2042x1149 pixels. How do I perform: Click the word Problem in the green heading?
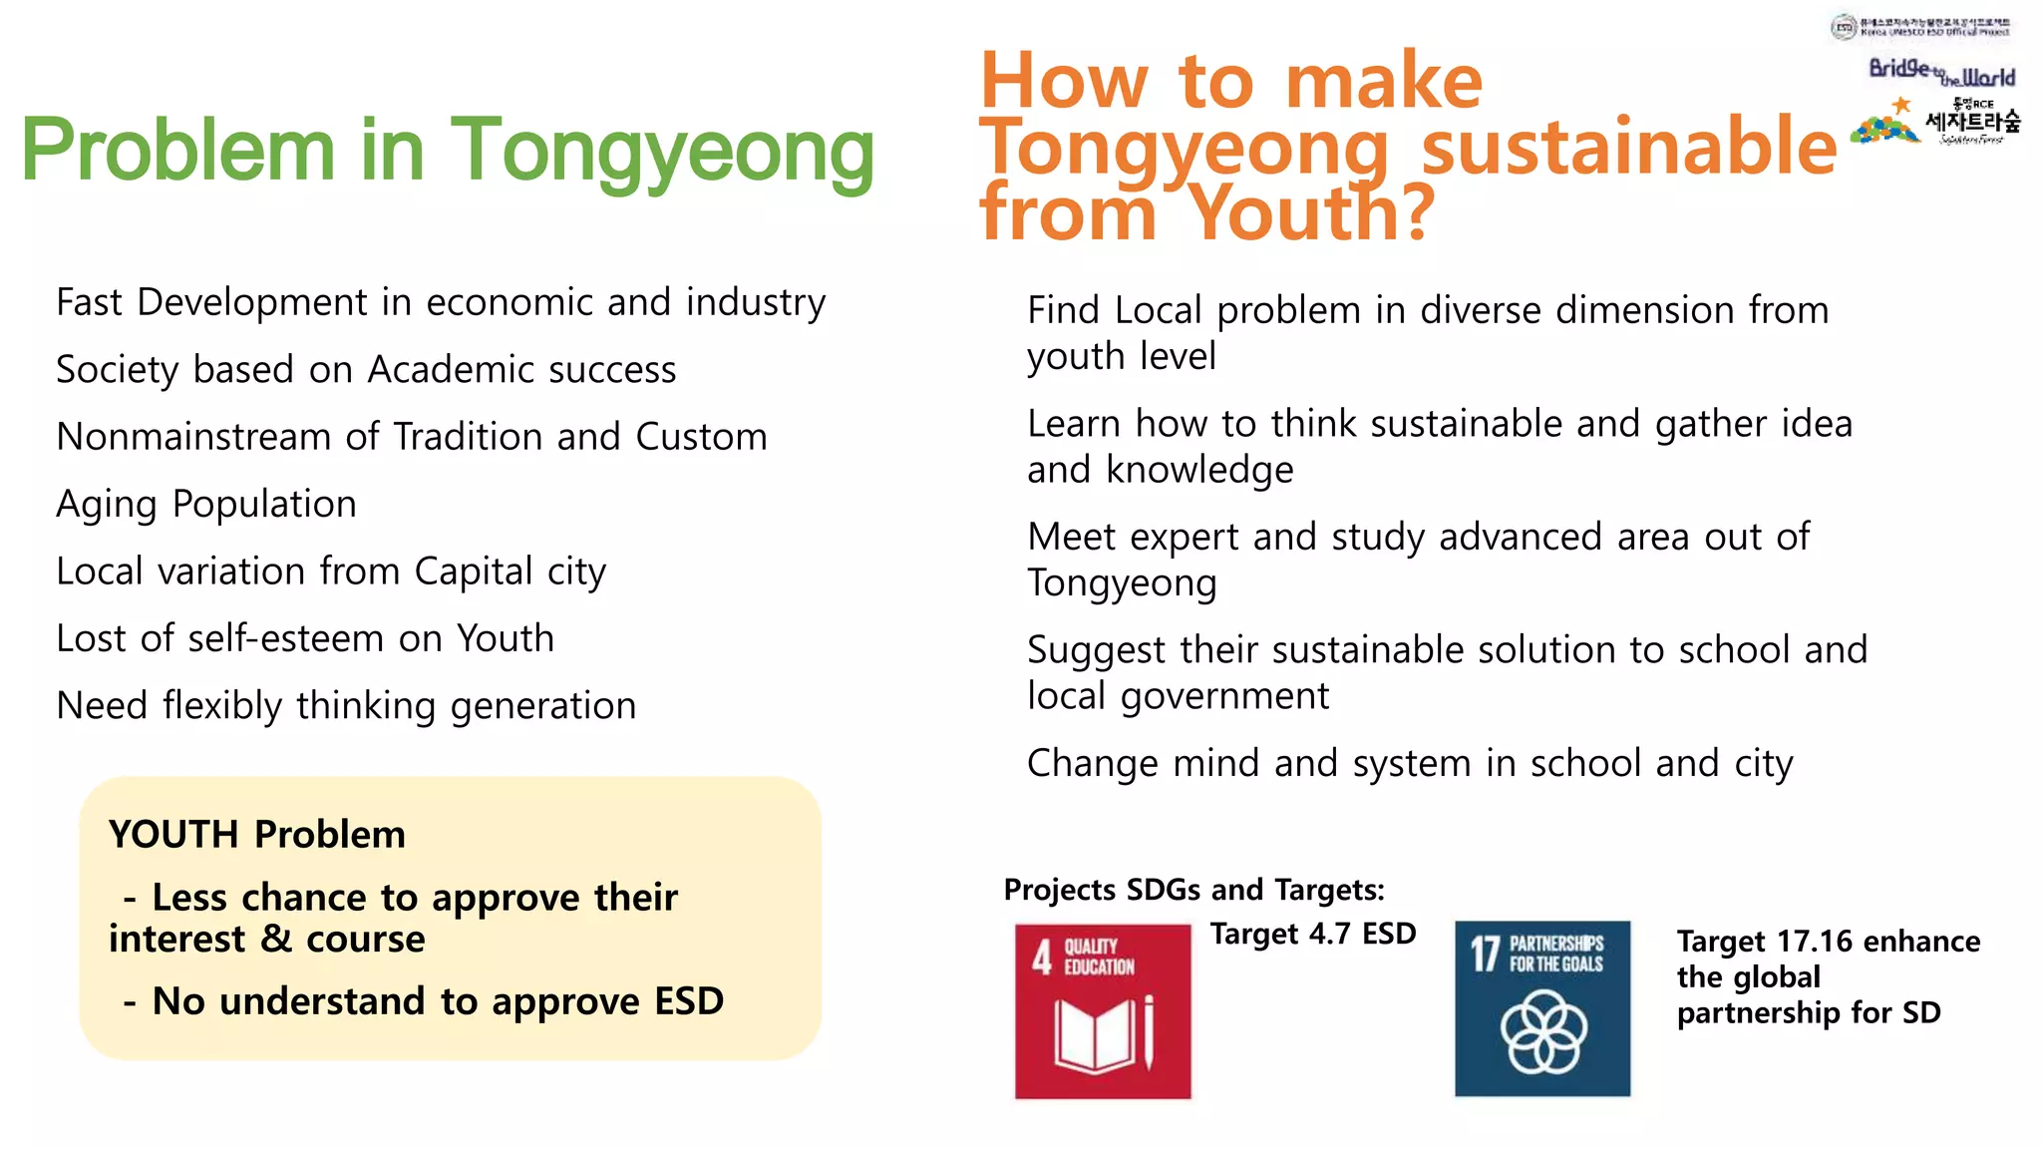(177, 152)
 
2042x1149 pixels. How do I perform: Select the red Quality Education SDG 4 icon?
(1103, 1011)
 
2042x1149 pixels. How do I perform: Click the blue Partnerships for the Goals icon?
(1542, 1008)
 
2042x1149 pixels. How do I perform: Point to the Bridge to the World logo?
(1941, 72)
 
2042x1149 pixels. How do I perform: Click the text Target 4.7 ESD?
(1313, 934)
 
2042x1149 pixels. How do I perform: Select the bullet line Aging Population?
(206, 505)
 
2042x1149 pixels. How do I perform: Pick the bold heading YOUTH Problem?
(257, 834)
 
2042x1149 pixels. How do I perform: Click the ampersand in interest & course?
(275, 940)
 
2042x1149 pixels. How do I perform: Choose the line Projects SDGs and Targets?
(1193, 889)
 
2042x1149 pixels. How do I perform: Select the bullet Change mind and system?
(1410, 764)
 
